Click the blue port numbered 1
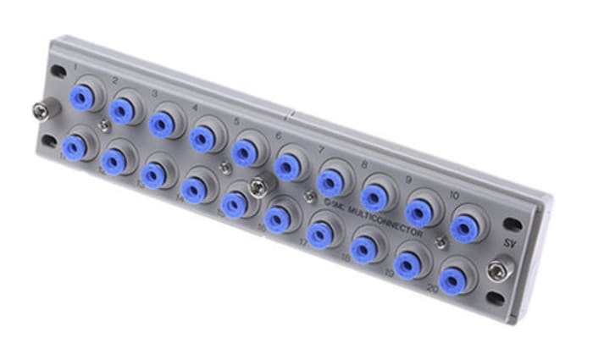click(82, 94)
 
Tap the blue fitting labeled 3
click(161, 122)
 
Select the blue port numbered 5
click(244, 152)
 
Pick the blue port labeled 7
click(329, 182)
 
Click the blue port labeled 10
click(464, 224)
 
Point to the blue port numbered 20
click(452, 279)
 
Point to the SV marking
click(508, 243)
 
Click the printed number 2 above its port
click(114, 81)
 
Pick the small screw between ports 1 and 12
click(103, 126)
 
